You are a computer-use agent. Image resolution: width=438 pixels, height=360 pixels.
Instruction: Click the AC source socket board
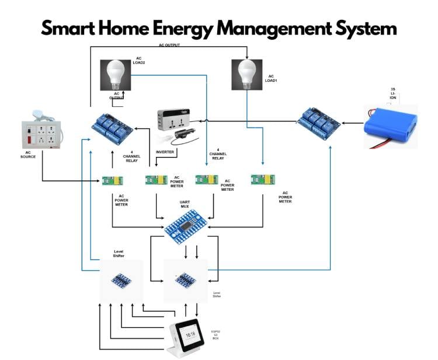pos(41,133)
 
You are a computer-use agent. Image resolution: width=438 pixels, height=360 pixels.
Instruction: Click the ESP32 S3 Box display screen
pos(190,334)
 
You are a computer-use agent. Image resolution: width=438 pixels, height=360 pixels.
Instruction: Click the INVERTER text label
pos(165,152)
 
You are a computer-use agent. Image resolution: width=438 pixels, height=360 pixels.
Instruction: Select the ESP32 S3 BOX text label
pos(215,335)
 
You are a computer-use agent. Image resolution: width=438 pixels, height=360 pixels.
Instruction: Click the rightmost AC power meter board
pos(263,180)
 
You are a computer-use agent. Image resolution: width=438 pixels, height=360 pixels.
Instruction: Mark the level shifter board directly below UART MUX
pos(185,279)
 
